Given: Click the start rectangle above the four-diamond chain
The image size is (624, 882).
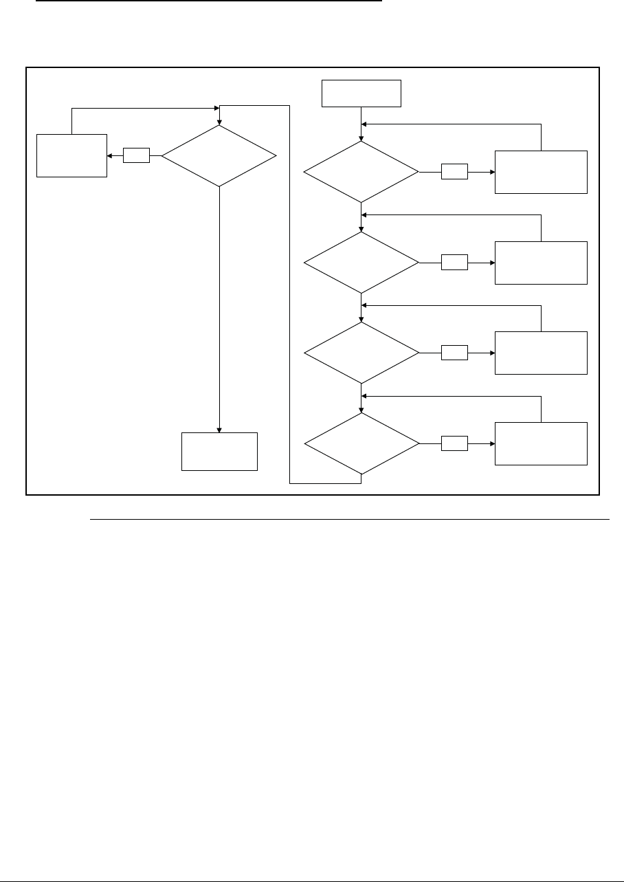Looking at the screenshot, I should click(x=361, y=93).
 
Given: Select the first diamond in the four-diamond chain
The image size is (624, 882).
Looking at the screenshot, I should click(x=361, y=172).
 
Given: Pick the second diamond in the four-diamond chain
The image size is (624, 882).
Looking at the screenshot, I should click(x=361, y=263).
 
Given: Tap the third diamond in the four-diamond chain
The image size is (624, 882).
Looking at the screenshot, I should click(x=361, y=353).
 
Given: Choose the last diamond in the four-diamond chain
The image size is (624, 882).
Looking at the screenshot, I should click(x=361, y=443).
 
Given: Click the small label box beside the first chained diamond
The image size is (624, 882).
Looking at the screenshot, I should click(x=454, y=172).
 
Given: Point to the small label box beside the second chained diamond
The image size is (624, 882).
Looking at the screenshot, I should click(x=454, y=262).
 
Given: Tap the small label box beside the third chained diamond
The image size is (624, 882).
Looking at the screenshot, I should click(x=454, y=353).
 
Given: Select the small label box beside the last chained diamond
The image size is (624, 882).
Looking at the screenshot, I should click(x=454, y=443).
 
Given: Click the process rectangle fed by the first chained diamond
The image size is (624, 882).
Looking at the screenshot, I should click(x=541, y=172).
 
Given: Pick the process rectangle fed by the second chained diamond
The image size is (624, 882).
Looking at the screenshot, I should click(x=541, y=263).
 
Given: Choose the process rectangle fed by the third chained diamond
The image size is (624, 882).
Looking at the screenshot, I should click(x=541, y=353).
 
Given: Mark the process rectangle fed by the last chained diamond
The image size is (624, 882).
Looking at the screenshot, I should click(x=541, y=443).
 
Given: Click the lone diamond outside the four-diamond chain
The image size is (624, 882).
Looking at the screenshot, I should click(x=219, y=156).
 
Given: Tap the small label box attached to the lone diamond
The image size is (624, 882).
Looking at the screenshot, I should click(x=136, y=156).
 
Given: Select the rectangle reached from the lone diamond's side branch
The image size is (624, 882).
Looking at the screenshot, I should click(x=71, y=156).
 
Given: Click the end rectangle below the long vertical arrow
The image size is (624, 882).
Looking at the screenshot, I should click(x=219, y=452).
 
